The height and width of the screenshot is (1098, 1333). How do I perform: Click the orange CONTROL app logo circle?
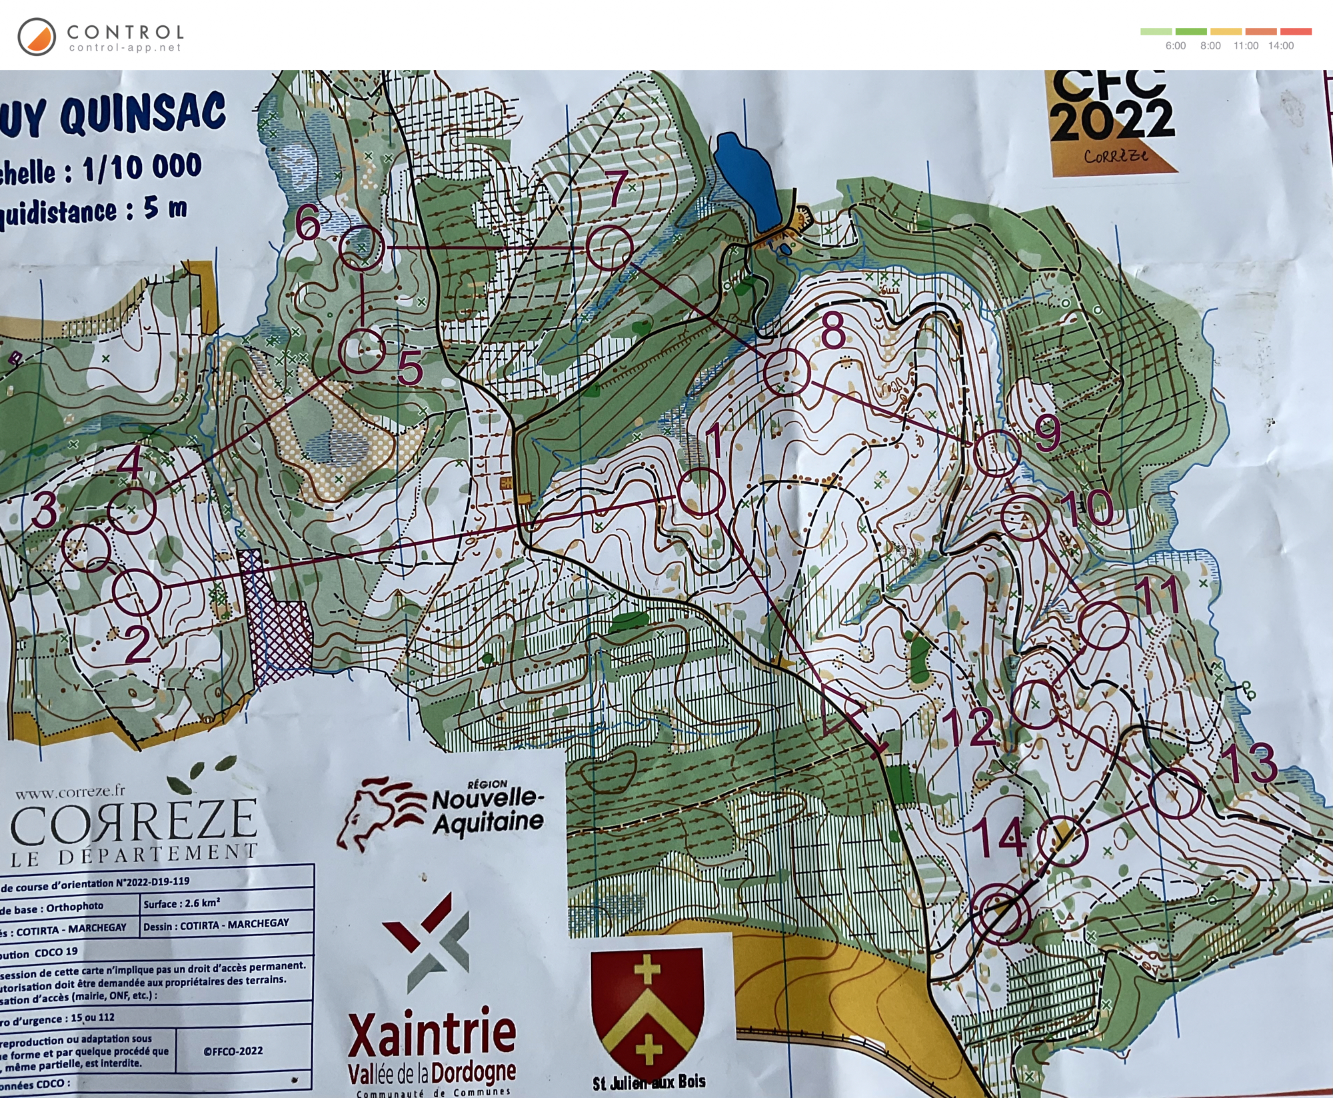pyautogui.click(x=37, y=37)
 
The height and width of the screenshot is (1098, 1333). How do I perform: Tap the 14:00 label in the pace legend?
pyautogui.click(x=1280, y=46)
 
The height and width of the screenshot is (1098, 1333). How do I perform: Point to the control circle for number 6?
pyautogui.click(x=362, y=247)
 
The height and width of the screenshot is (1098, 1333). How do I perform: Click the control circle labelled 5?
pyautogui.click(x=362, y=350)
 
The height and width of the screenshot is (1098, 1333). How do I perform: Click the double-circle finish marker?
pyautogui.click(x=1000, y=914)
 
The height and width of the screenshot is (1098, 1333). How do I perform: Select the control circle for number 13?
pyautogui.click(x=1176, y=793)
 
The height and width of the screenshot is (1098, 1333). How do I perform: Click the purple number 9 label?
pyautogui.click(x=1046, y=433)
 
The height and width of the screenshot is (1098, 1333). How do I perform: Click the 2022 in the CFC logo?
pyautogui.click(x=1111, y=120)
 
